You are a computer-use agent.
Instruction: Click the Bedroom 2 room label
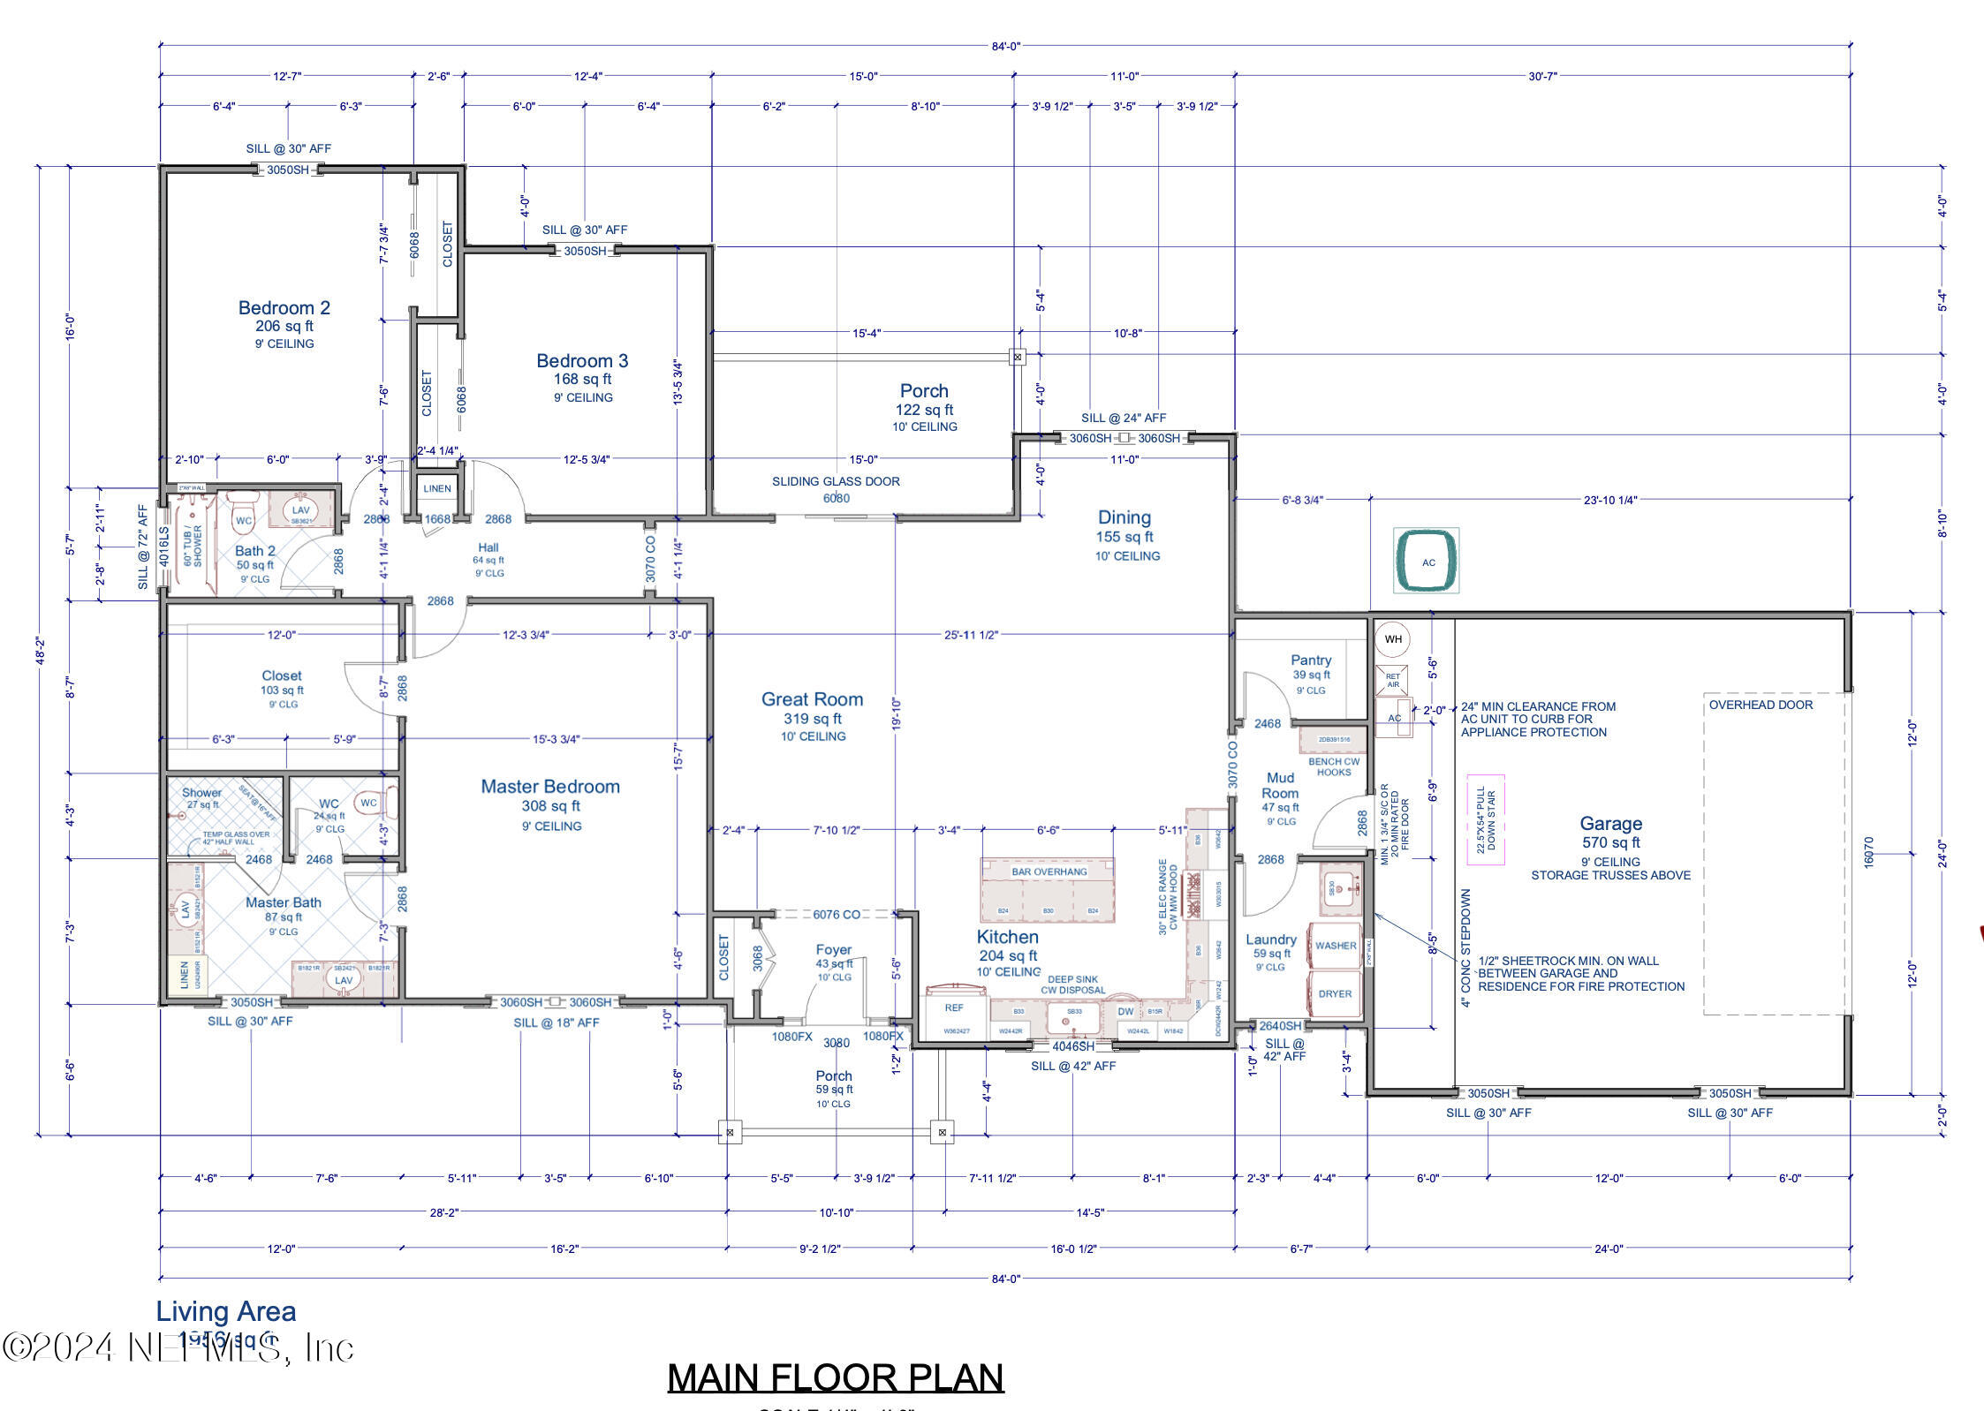pos(284,308)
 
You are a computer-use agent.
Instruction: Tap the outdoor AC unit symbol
pos(1427,562)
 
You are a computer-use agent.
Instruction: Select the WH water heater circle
pos(1393,639)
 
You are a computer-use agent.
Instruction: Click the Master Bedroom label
pos(549,787)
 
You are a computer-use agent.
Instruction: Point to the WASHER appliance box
pos(1335,946)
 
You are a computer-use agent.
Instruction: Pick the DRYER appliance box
pos(1335,994)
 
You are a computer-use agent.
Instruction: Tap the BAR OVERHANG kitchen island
pos(1048,890)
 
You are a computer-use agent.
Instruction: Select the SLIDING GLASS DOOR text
pos(836,482)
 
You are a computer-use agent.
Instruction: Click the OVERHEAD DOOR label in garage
pos(1760,705)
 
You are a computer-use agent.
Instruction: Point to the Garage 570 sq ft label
pos(1610,833)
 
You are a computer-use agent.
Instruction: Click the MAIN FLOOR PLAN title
pos(835,1377)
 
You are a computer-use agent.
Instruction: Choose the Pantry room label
pos(1310,660)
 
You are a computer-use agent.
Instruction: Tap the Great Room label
pos(812,699)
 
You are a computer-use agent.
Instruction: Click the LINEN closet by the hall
pos(436,488)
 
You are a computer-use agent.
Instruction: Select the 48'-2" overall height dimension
pos(39,651)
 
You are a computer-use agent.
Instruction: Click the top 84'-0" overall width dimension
pos(1005,46)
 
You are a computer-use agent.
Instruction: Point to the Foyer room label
pos(833,951)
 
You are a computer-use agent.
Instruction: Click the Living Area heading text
pos(226,1312)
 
